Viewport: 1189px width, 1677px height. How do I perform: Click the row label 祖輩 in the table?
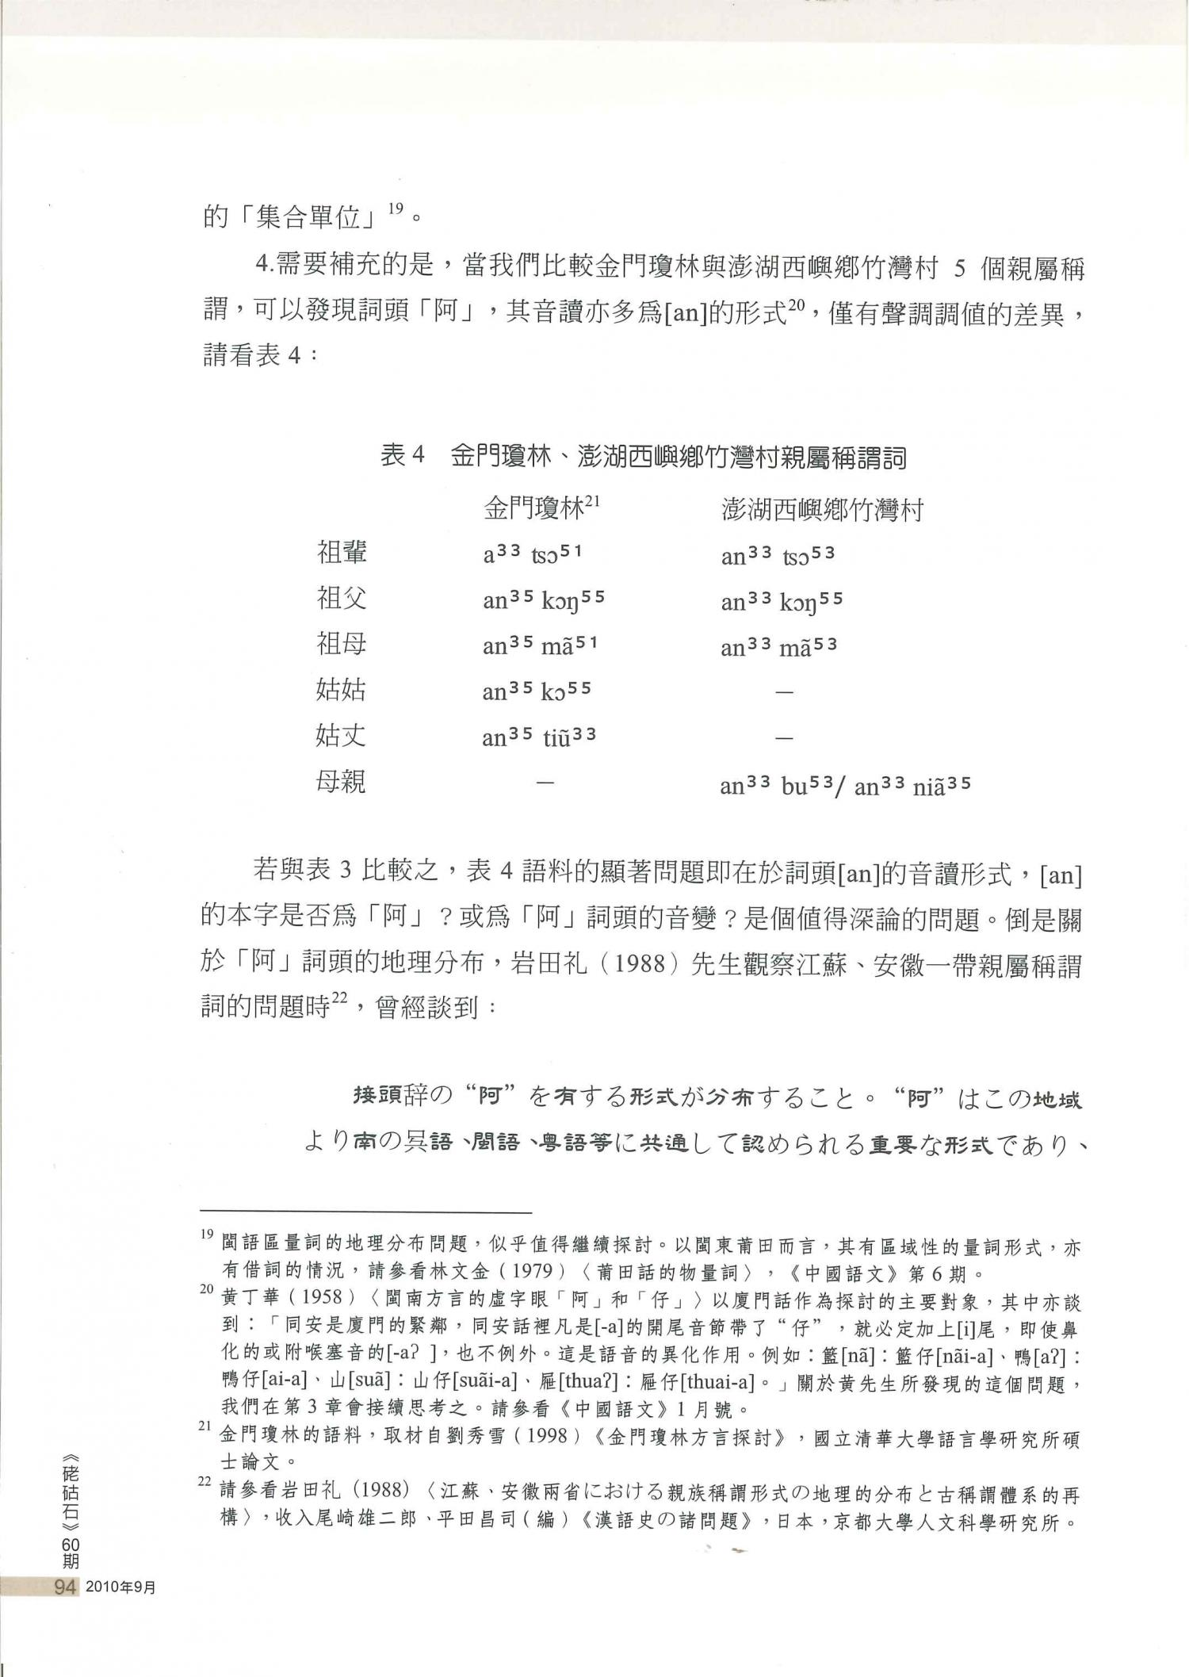point(342,553)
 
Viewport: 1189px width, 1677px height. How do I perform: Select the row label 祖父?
point(342,599)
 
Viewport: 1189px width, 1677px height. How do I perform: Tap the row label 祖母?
point(342,645)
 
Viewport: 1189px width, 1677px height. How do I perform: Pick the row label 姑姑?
point(342,691)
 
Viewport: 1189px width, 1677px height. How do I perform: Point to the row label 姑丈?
point(342,737)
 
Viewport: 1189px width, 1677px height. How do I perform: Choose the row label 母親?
point(342,783)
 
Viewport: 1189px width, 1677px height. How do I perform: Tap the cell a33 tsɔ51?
point(532,553)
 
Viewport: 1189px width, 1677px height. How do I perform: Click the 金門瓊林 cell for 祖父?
point(543,600)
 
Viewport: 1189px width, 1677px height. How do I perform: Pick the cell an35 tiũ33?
point(539,738)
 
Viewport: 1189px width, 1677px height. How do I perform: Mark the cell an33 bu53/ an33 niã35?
point(845,786)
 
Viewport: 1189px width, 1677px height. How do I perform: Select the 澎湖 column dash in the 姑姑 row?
point(784,692)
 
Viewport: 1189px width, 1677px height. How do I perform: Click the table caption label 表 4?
point(403,457)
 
